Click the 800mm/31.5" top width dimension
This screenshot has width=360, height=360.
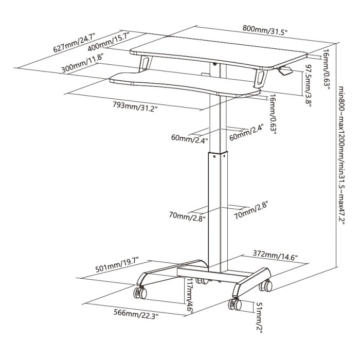coord(265,30)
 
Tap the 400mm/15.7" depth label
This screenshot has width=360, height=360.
coord(109,42)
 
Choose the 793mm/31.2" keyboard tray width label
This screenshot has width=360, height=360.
coord(135,106)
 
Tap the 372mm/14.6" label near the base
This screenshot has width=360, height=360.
coord(275,255)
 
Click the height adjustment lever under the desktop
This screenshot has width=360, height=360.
coord(285,70)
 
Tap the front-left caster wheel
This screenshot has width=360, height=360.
coord(140,293)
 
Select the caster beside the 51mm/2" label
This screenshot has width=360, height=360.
coord(235,304)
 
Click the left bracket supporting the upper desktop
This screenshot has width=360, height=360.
coord(145,63)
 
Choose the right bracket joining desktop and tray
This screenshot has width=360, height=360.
coord(261,78)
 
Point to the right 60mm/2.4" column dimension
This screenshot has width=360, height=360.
coord(246,132)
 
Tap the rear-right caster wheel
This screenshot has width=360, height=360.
coord(266,286)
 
